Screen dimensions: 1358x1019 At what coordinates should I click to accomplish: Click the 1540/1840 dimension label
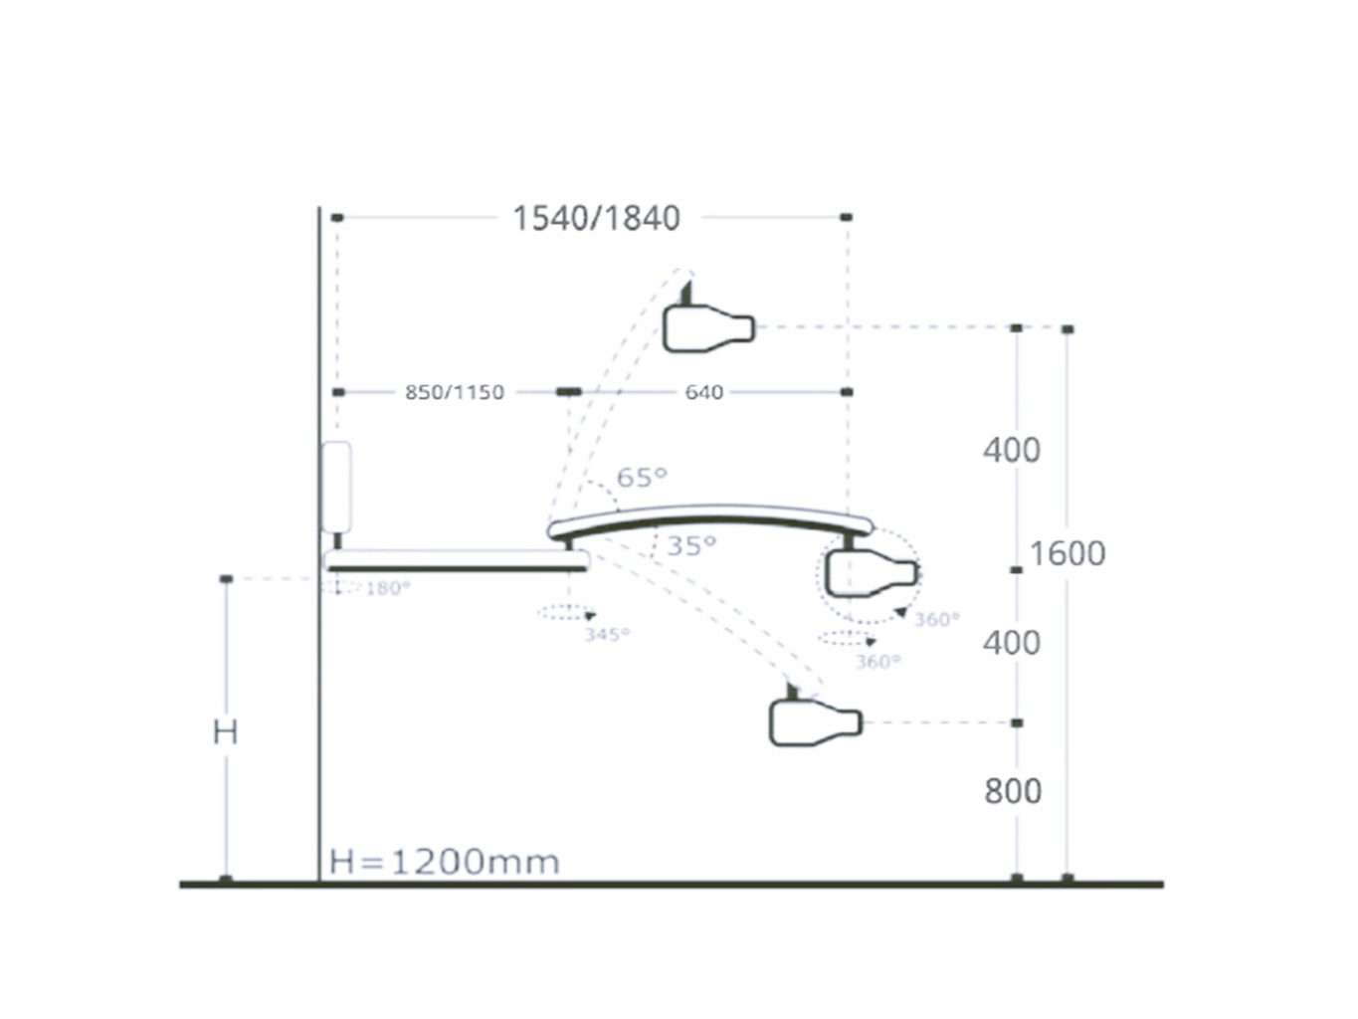(x=596, y=218)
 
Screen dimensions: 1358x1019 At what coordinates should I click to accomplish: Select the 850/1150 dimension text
(x=454, y=392)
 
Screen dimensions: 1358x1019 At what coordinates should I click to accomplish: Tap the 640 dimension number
(x=704, y=392)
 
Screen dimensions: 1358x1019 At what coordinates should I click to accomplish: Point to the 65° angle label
(x=642, y=477)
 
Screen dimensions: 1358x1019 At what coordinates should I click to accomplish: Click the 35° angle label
(x=691, y=545)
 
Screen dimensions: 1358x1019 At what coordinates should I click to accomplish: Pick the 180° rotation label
(x=388, y=588)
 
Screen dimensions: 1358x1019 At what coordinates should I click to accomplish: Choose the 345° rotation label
(x=607, y=634)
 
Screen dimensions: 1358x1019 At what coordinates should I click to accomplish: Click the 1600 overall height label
(x=1067, y=553)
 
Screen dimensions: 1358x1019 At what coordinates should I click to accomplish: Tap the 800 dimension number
(x=1013, y=791)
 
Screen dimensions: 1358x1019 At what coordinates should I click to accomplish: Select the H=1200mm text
(x=445, y=862)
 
